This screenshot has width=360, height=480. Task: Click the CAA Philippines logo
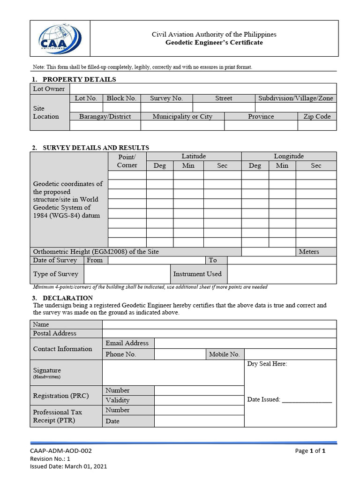click(60, 38)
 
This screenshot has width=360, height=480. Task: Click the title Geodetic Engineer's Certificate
click(214, 43)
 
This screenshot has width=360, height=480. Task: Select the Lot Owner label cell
click(49, 89)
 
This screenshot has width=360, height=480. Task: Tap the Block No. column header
click(121, 98)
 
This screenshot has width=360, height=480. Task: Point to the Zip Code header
click(317, 116)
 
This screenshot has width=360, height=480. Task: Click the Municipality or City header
click(182, 116)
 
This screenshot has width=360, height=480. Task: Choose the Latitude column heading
click(194, 156)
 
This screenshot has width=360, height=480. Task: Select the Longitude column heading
click(289, 156)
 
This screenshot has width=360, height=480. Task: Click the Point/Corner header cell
click(127, 161)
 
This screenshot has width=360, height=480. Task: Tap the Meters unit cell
click(309, 252)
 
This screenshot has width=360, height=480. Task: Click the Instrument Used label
click(197, 274)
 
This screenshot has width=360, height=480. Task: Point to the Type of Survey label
click(56, 274)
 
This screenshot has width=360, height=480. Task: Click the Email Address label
click(127, 343)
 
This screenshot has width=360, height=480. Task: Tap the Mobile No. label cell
click(225, 354)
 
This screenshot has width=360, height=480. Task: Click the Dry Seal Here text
click(267, 364)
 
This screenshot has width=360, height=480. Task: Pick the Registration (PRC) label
click(61, 396)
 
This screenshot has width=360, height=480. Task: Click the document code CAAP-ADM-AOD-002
click(61, 451)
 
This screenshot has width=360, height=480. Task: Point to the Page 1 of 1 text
click(310, 451)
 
